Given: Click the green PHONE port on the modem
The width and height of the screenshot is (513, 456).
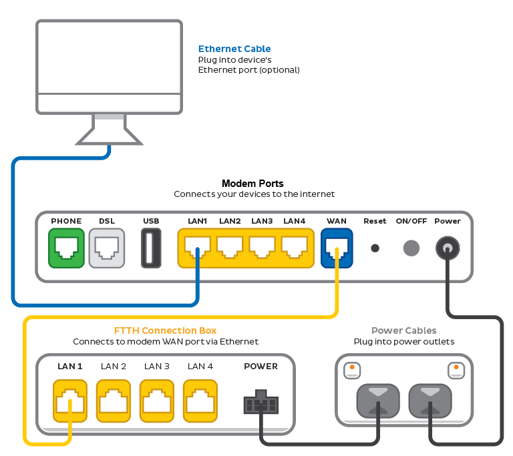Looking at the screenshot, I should click(66, 248).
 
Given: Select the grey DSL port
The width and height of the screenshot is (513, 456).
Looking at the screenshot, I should click(107, 248).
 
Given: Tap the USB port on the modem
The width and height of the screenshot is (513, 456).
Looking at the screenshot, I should click(151, 248).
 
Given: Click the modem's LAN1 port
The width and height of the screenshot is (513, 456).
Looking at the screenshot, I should click(197, 248).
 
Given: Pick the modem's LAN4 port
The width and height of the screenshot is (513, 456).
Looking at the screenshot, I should click(295, 248).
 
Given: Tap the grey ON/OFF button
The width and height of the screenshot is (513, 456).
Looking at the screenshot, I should click(411, 248).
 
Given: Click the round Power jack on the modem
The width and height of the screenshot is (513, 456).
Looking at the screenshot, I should click(447, 249).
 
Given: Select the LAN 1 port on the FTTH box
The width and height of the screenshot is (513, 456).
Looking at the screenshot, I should click(70, 401).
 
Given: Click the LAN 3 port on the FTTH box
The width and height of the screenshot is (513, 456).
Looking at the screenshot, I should click(157, 401).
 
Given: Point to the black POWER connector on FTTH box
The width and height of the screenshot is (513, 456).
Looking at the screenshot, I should click(261, 403).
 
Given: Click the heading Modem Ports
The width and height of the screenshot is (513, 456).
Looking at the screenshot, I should click(252, 184).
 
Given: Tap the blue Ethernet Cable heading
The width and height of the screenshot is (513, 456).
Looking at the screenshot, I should click(234, 49).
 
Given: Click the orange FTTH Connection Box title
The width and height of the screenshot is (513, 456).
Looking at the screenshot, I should click(166, 330).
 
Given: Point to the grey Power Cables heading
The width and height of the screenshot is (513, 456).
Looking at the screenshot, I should click(404, 330).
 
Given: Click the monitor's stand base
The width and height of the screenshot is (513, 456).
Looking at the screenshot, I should click(110, 138).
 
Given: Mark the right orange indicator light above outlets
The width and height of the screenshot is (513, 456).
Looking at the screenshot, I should click(456, 367).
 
